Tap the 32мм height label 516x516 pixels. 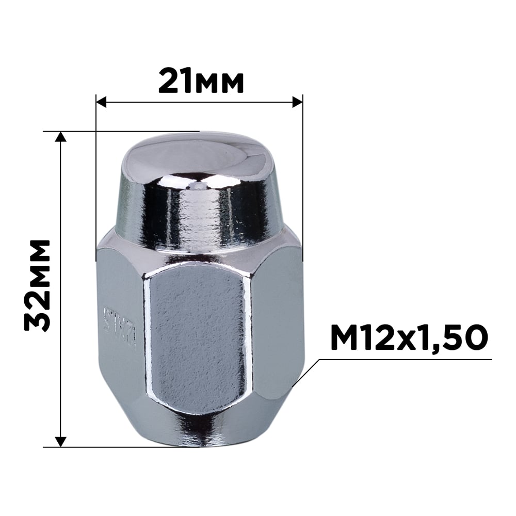click(x=38, y=285)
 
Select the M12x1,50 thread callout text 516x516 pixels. click(x=408, y=338)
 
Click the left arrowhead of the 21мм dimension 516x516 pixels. click(x=101, y=102)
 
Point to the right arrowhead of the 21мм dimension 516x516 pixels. click(x=297, y=102)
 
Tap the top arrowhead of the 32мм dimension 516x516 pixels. click(x=61, y=136)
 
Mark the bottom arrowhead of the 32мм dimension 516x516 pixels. click(x=61, y=441)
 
